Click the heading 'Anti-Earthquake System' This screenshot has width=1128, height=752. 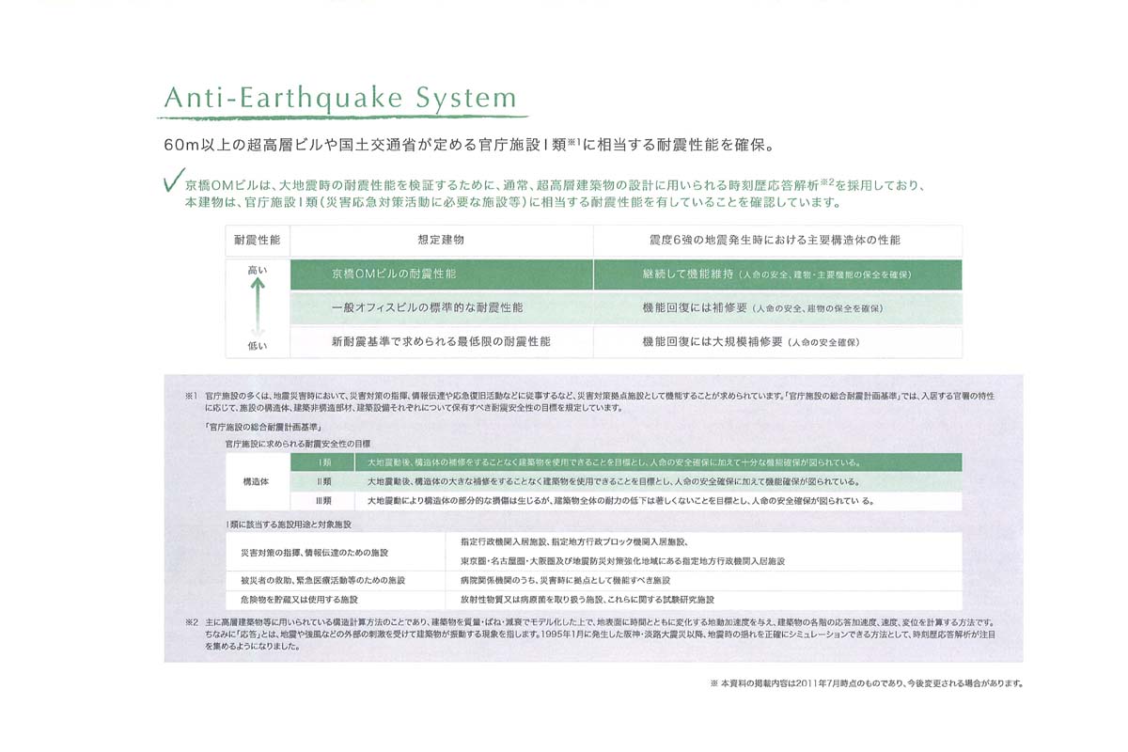coord(340,99)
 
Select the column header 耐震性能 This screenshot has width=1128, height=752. coord(257,241)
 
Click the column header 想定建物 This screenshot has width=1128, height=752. coord(441,241)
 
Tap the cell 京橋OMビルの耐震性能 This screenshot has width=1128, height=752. coord(394,274)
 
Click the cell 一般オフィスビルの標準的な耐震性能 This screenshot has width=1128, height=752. coord(428,308)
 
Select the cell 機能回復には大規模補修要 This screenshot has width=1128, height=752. coord(712,341)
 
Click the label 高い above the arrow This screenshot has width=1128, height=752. coord(257,271)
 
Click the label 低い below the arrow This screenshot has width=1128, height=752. coord(257,346)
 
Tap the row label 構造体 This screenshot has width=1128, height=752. coord(257,481)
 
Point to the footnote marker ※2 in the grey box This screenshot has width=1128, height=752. coord(191,622)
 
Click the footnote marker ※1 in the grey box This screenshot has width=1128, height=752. coord(191,397)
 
